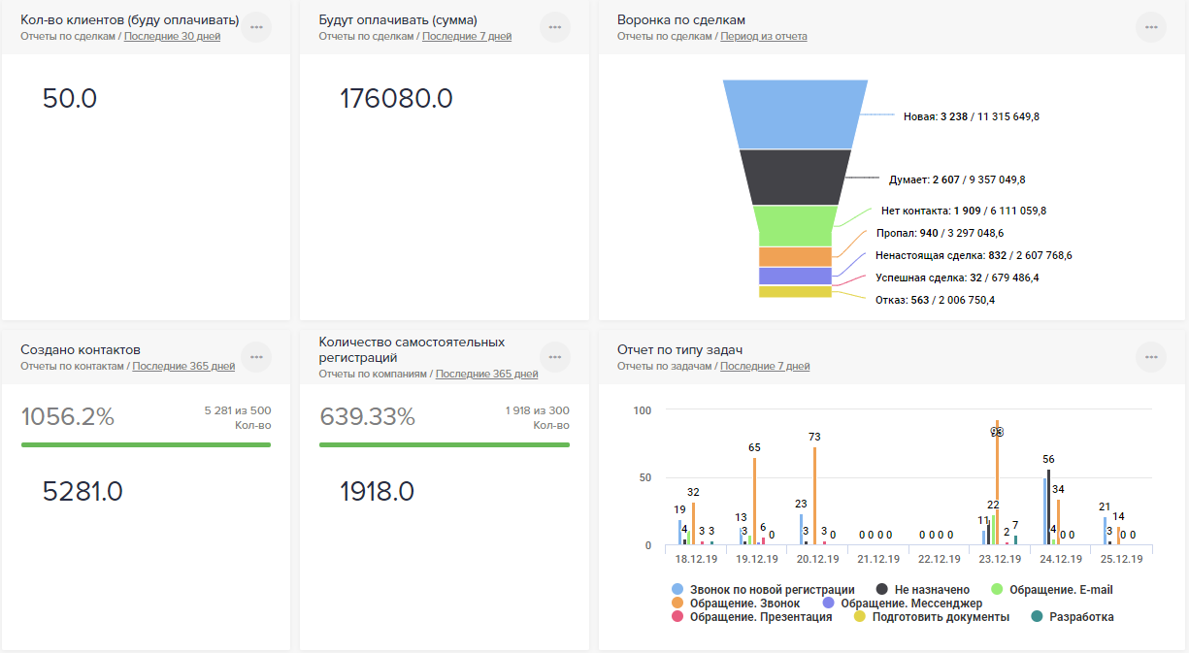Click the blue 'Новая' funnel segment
[x=794, y=114]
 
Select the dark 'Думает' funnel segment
[x=794, y=177]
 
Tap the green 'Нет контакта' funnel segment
[x=794, y=225]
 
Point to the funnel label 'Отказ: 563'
[x=935, y=300]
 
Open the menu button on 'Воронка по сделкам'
[x=1151, y=27]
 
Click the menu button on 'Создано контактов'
[x=256, y=357]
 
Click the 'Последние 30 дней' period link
[x=172, y=37]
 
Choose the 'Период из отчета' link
[x=763, y=37]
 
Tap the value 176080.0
[x=396, y=99]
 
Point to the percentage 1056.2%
[x=68, y=417]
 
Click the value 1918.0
[x=377, y=492]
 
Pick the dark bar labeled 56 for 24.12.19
[x=1048, y=507]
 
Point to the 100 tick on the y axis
[x=642, y=410]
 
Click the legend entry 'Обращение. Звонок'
[x=744, y=603]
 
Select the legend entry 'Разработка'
[x=1081, y=616]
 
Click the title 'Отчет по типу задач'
[x=679, y=349]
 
